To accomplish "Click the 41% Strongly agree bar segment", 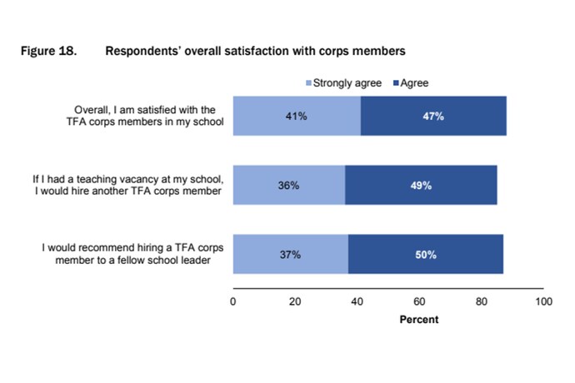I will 297,116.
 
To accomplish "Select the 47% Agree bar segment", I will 433,116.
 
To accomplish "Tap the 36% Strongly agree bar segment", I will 288,185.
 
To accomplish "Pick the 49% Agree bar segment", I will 421,185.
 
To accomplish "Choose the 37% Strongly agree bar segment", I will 290,254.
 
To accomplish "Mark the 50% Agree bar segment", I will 426,254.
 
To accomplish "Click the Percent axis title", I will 418,320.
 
